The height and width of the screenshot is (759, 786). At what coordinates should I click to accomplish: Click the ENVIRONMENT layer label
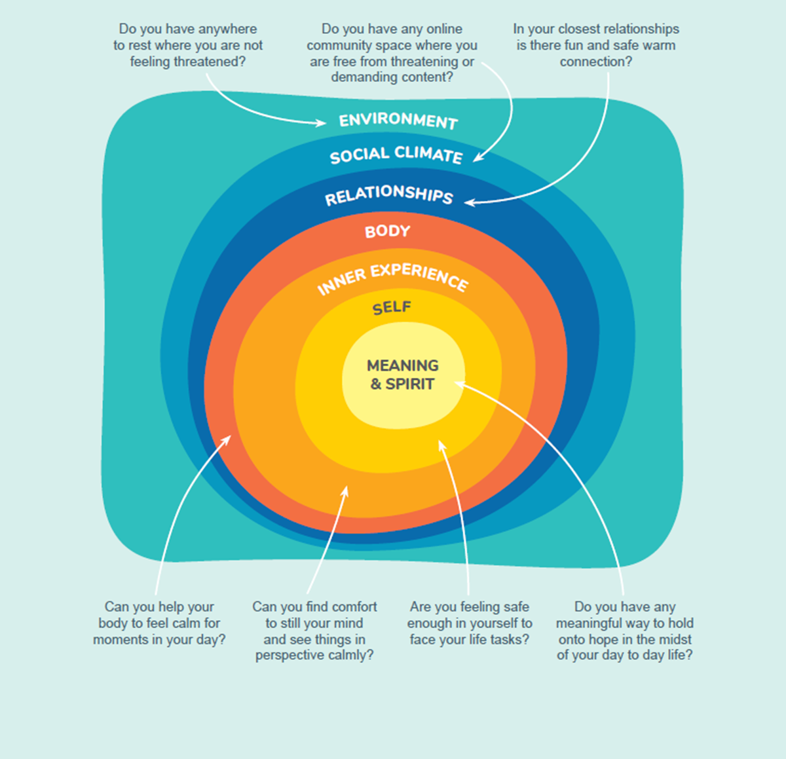tap(398, 120)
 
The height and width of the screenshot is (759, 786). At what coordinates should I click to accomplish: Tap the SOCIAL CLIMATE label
tap(396, 155)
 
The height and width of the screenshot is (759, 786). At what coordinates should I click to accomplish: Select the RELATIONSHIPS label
tap(389, 194)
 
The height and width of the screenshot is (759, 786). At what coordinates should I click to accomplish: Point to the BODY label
tap(387, 231)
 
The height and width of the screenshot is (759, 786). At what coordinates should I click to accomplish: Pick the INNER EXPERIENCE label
tap(392, 278)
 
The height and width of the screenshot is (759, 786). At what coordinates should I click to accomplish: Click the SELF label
tap(392, 308)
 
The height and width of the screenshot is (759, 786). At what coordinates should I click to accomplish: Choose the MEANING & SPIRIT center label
tap(402, 375)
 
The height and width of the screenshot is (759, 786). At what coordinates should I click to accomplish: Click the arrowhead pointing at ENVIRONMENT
tap(320, 122)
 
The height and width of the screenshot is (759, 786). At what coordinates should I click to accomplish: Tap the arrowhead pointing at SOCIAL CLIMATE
tap(479, 157)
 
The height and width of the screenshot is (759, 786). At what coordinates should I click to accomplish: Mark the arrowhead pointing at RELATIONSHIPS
tap(470, 202)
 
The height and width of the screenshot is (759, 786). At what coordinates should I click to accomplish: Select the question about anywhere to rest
tap(188, 45)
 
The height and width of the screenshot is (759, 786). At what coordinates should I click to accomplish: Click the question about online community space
tap(392, 53)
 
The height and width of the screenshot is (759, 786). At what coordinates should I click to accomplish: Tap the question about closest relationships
tap(595, 45)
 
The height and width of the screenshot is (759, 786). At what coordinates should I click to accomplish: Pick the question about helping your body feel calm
tap(159, 623)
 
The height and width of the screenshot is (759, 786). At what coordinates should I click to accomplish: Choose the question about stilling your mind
tap(314, 631)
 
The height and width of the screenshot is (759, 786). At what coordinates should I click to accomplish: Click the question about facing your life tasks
tap(470, 623)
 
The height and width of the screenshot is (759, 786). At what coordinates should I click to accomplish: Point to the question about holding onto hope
tap(624, 631)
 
